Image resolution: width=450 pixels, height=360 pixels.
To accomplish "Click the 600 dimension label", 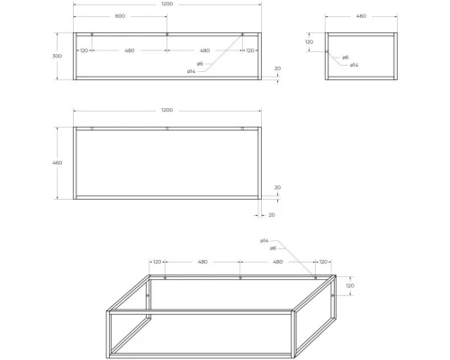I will (120, 17).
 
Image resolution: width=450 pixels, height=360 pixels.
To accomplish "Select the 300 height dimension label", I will (58, 56).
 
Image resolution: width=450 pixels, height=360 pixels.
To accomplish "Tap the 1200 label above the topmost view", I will (167, 4).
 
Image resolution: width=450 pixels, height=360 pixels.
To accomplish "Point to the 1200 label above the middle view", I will (167, 110).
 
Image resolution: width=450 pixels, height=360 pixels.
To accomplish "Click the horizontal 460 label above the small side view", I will (361, 16).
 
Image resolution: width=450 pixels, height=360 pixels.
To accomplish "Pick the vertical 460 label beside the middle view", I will (58, 163).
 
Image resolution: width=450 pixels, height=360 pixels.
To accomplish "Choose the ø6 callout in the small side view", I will (345, 58).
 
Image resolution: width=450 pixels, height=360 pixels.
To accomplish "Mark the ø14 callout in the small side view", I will (355, 65).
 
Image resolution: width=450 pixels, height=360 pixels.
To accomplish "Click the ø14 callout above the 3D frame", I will (264, 241).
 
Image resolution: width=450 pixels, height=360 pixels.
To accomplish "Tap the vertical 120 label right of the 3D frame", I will (350, 286).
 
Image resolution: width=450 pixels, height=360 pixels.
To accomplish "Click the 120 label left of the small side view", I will (309, 42).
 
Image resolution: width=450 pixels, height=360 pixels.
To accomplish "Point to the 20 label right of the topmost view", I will (277, 68).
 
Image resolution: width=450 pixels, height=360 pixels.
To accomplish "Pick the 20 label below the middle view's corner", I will (271, 215).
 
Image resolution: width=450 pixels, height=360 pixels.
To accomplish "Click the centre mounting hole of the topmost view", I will (167, 35).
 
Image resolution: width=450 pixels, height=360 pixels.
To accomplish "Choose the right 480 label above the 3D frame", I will (277, 262).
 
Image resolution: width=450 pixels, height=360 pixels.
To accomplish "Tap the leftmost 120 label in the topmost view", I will (84, 50).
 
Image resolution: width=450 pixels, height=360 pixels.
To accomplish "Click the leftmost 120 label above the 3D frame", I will (157, 262).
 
